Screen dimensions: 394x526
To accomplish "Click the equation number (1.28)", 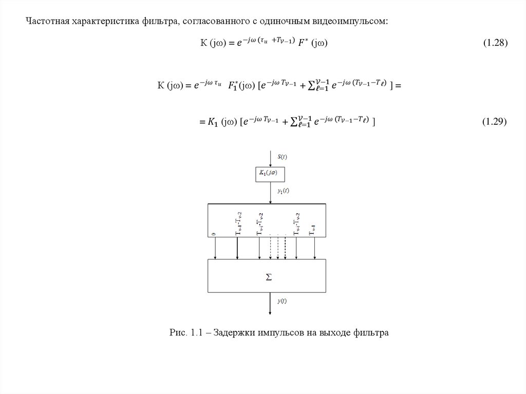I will click(x=495, y=44).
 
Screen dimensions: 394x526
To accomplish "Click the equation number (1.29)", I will click(x=495, y=121).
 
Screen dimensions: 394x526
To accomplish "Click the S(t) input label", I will click(x=283, y=156).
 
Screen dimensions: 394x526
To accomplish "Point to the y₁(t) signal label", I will click(x=283, y=191).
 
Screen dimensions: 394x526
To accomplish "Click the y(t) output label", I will click(x=282, y=302).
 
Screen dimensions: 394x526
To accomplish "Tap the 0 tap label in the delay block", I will click(x=214, y=234).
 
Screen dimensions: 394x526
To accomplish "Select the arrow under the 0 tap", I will click(x=215, y=249).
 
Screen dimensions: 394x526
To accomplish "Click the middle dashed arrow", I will click(x=278, y=249).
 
